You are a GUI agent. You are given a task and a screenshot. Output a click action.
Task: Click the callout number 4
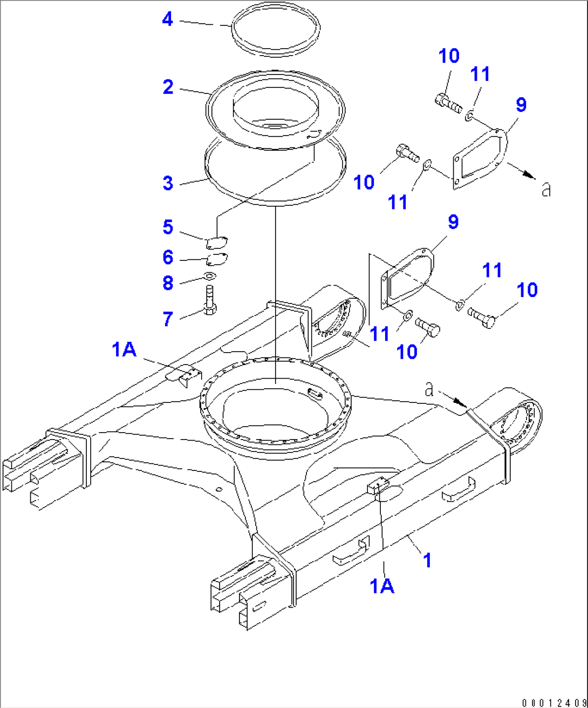168,19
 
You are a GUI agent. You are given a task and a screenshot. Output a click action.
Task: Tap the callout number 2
168,86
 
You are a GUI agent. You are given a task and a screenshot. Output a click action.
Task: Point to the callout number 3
168,183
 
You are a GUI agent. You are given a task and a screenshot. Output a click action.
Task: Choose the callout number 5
168,227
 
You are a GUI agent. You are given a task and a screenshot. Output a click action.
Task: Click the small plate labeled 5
217,241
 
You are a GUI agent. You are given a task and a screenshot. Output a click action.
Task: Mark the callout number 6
168,258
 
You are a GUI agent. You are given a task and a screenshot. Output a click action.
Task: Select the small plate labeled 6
217,260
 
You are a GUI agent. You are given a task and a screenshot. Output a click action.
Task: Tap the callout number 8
168,282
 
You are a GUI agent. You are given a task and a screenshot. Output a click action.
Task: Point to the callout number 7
168,319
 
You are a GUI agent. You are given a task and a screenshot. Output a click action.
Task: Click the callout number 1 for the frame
427,560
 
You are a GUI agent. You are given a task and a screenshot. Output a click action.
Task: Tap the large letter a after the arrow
546,189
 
